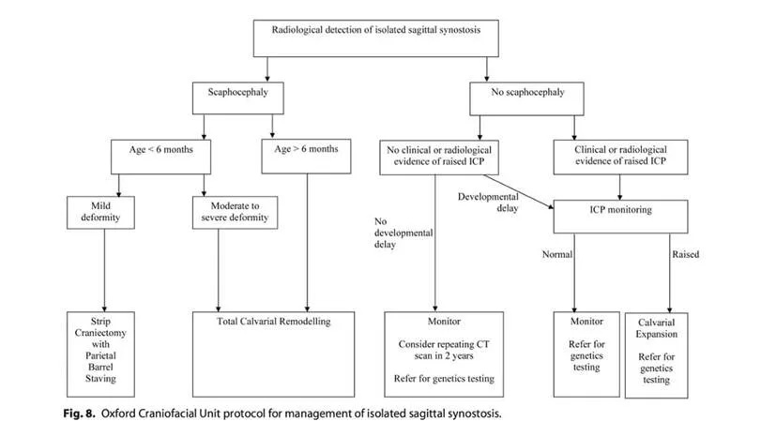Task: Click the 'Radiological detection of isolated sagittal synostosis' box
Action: click(x=375, y=38)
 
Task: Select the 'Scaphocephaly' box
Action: click(x=238, y=98)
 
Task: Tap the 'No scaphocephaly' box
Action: click(x=526, y=98)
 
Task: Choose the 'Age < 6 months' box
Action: click(x=160, y=157)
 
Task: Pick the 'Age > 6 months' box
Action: click(x=306, y=157)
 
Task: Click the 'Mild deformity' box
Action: click(x=100, y=213)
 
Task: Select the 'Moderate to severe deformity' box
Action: click(x=236, y=213)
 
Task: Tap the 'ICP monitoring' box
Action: click(x=620, y=217)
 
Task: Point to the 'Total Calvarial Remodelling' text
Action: click(x=274, y=322)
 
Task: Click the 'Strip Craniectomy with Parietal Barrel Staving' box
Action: click(x=100, y=353)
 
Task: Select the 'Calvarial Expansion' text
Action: click(x=656, y=328)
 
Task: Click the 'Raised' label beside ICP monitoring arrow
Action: click(x=685, y=255)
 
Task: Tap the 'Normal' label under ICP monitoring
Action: click(x=557, y=255)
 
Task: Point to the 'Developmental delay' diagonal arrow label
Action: click(x=488, y=203)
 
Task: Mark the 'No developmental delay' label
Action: click(x=403, y=233)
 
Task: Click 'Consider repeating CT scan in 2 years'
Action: click(x=444, y=350)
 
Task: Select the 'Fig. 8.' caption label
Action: click(x=79, y=413)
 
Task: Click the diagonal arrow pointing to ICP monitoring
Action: click(x=519, y=191)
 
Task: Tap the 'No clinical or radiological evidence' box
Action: click(x=439, y=158)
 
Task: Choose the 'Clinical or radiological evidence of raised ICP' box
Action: click(x=620, y=158)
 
